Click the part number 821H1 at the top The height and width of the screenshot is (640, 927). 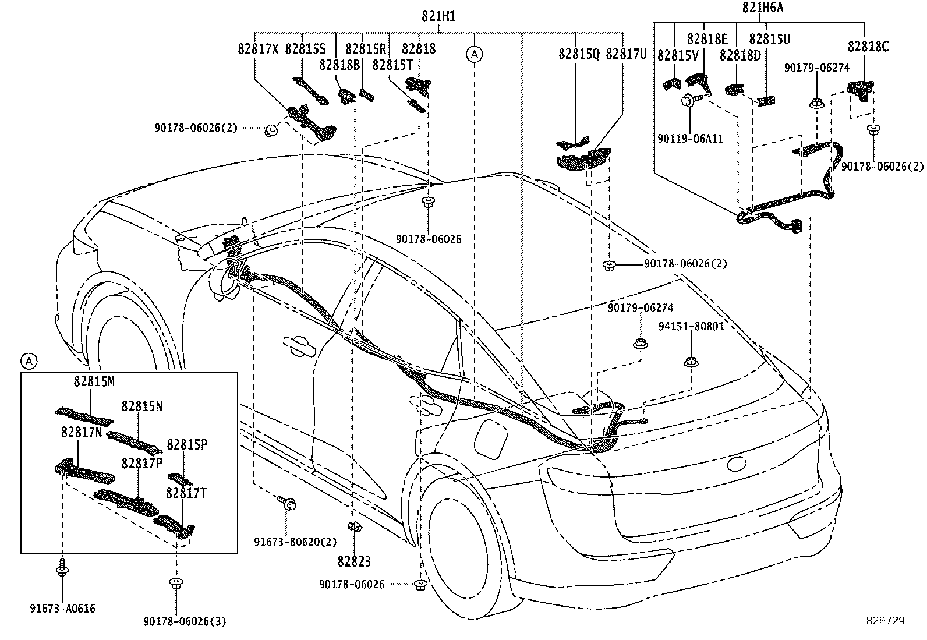pyautogui.click(x=438, y=16)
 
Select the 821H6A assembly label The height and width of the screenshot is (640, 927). pyautogui.click(x=762, y=8)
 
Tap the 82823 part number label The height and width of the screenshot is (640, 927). pyautogui.click(x=354, y=561)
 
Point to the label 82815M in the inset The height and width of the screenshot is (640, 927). pyautogui.click(x=94, y=381)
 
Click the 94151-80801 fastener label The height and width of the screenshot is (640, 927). pyautogui.click(x=691, y=327)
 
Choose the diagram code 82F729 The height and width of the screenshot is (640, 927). pyautogui.click(x=885, y=621)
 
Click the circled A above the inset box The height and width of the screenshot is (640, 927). pyautogui.click(x=29, y=362)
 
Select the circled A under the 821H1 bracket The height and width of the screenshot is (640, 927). pyautogui.click(x=474, y=54)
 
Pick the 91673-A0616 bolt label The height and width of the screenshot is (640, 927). pyautogui.click(x=62, y=609)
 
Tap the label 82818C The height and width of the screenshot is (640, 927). pyautogui.click(x=868, y=47)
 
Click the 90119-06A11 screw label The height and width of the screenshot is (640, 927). pyautogui.click(x=690, y=139)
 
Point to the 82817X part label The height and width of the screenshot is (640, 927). pyautogui.click(x=258, y=49)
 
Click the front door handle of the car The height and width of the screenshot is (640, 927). pyautogui.click(x=299, y=346)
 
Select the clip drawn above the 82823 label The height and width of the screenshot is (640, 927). pyautogui.click(x=355, y=527)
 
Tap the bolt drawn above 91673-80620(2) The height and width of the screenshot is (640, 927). pyautogui.click(x=287, y=503)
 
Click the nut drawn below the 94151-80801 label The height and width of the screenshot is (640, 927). pyautogui.click(x=691, y=362)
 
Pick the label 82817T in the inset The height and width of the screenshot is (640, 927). pyautogui.click(x=186, y=493)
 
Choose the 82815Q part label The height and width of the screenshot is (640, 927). pyautogui.click(x=579, y=54)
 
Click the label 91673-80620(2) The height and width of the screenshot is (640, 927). pyautogui.click(x=295, y=542)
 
